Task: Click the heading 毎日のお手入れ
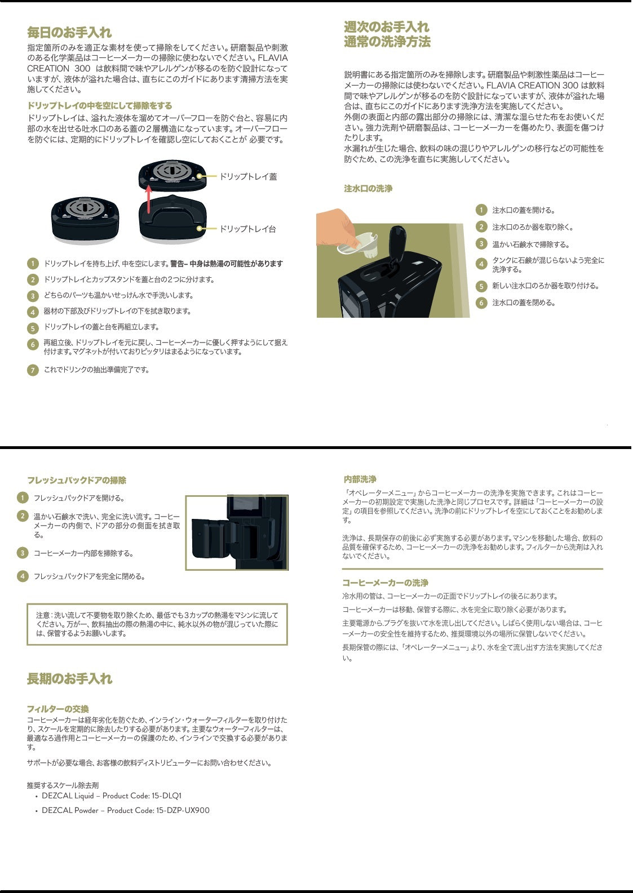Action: click(x=69, y=32)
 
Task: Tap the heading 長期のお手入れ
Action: click(x=69, y=678)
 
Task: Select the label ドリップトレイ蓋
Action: click(x=248, y=176)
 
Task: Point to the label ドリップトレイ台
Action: click(x=247, y=229)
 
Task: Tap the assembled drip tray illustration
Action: click(x=85, y=219)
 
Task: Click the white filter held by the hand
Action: click(x=358, y=245)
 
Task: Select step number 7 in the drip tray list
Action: click(x=33, y=370)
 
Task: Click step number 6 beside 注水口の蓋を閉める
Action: click(x=481, y=303)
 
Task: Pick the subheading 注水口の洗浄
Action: click(x=368, y=189)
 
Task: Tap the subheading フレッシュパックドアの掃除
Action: click(x=77, y=480)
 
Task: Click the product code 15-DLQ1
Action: click(x=166, y=796)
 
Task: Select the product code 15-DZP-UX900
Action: click(x=183, y=810)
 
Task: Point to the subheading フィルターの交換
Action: click(x=58, y=709)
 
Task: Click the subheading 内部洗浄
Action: click(x=360, y=479)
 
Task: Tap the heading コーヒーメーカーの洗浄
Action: click(x=386, y=583)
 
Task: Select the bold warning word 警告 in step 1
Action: click(x=177, y=264)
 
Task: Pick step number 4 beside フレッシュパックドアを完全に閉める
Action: click(x=23, y=576)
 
